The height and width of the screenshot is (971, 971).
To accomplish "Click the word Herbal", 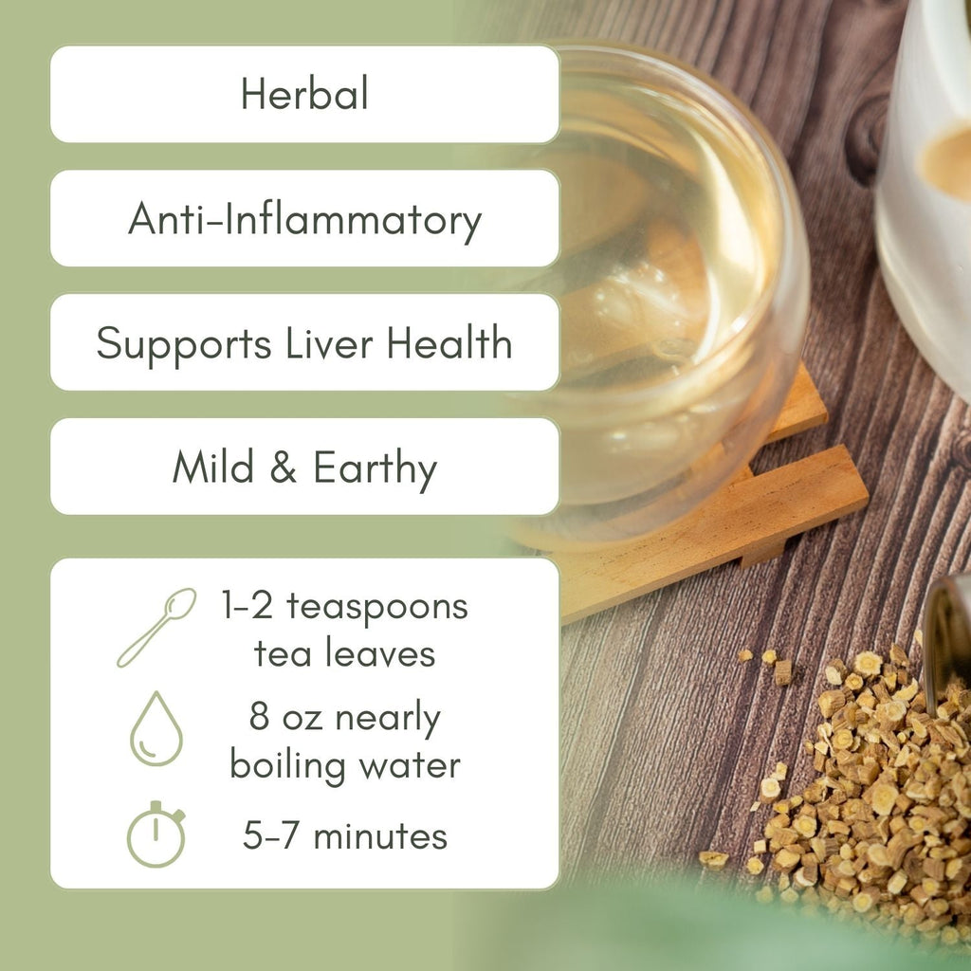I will coord(304,95).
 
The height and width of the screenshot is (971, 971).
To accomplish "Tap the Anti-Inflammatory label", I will coord(304,220).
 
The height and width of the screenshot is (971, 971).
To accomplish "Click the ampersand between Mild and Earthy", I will coord(283,468).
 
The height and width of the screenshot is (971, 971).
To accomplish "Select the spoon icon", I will coord(156,627).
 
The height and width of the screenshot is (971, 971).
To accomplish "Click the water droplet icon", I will coord(156,728).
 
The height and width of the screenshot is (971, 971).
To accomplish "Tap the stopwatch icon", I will coord(156,834).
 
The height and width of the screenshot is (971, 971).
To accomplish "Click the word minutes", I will coord(380,836).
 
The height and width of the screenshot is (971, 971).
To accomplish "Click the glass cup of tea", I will coord(664,284).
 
